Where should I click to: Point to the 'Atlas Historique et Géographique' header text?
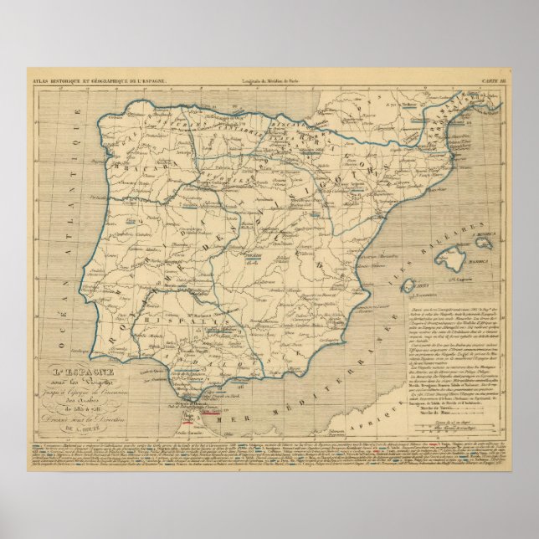(x=100, y=80)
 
